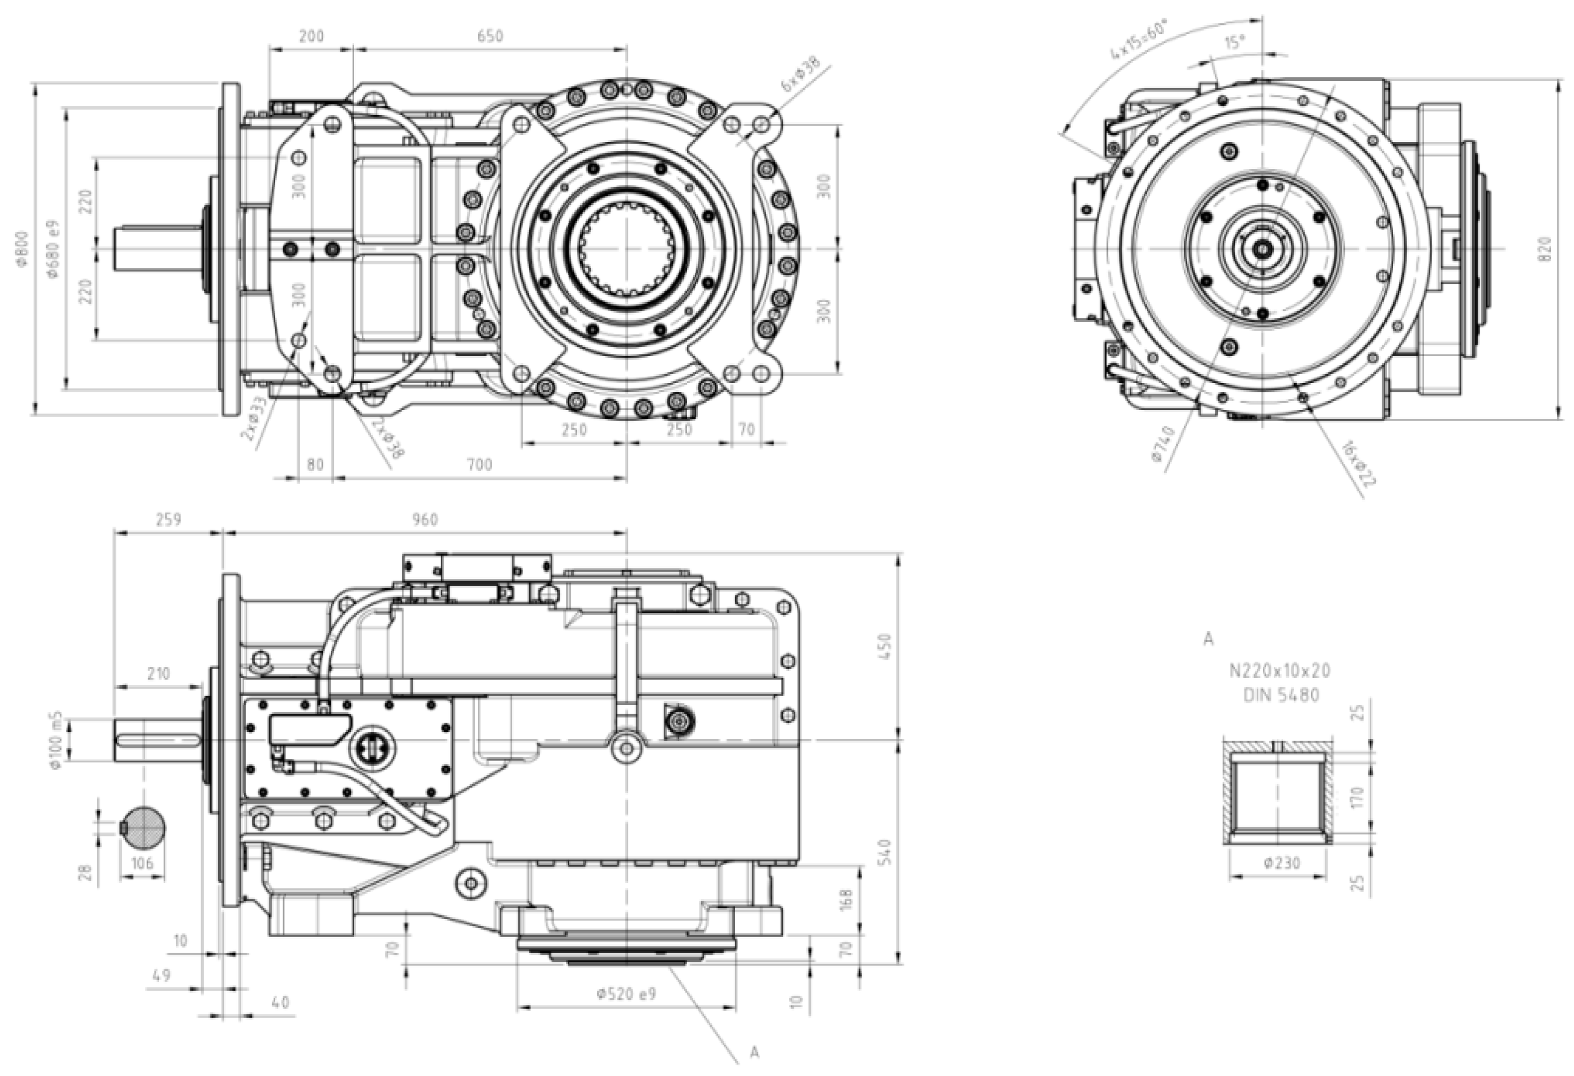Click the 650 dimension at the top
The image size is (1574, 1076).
pos(490,36)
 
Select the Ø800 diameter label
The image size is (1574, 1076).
pos(23,248)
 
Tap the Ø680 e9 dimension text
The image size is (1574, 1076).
pos(53,248)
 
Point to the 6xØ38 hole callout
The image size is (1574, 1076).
pos(800,75)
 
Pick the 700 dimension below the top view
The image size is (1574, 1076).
pos(479,464)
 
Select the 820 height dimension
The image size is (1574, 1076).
pos(1545,250)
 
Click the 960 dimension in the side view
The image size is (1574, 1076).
pos(425,519)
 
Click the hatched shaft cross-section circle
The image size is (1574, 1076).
pos(143,827)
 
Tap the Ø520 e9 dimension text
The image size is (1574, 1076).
pos(626,994)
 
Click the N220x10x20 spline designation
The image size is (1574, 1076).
pos(1280,671)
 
